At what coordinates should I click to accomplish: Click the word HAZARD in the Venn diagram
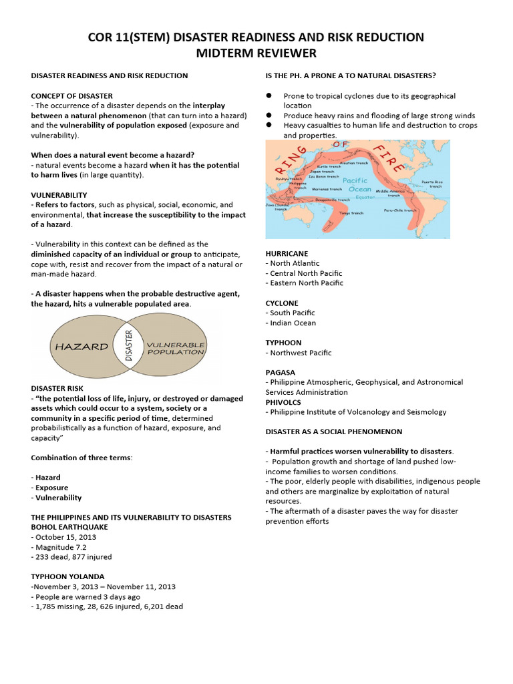(81, 347)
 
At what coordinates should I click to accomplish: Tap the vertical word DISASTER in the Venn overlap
(129, 345)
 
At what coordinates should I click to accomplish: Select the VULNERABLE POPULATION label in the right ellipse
(175, 347)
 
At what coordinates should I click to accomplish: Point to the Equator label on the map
(365, 197)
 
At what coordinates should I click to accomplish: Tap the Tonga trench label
(351, 213)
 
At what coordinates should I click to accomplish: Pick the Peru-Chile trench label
(399, 209)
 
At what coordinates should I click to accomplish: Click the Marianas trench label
(327, 189)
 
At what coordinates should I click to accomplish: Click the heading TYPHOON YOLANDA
(67, 576)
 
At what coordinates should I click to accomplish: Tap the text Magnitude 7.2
(61, 546)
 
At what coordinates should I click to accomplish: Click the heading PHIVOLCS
(283, 402)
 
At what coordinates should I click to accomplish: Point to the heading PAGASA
(281, 372)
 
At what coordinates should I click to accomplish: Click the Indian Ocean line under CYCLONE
(293, 323)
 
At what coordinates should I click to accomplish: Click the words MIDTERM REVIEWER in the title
(256, 53)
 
